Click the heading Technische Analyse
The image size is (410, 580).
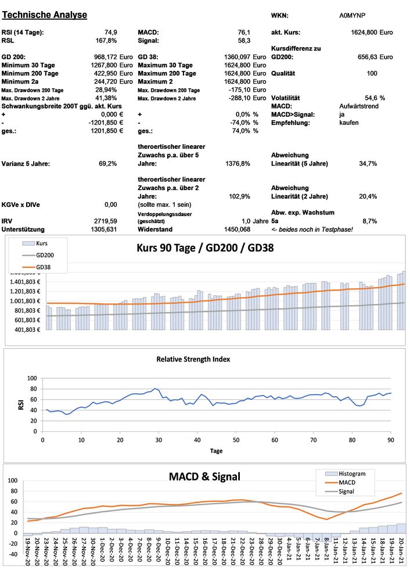[45, 14]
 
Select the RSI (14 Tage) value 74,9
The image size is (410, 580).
[110, 33]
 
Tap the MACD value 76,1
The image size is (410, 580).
[243, 33]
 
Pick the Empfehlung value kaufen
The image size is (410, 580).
[349, 123]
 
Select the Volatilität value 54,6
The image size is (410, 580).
[371, 98]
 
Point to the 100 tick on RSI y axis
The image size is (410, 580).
[31, 378]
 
